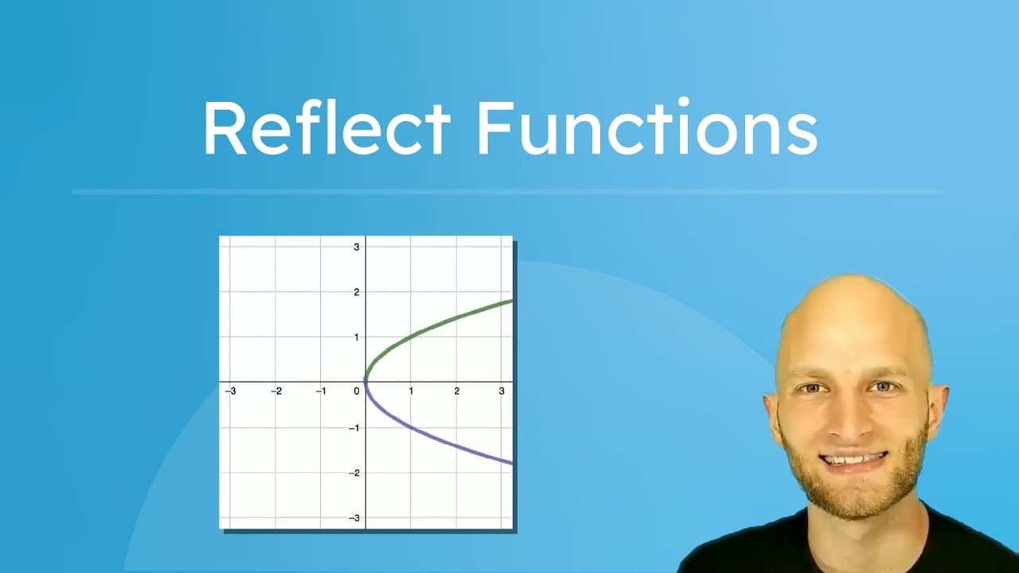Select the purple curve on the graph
pos(446,442)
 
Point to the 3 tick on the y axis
pos(357,247)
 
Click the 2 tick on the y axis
pos(357,292)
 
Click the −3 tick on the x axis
pos(230,392)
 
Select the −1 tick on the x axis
pos(320,392)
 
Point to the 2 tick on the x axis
pos(456,392)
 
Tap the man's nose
pos(850,418)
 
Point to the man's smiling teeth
pos(854,459)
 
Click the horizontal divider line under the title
pos(506,192)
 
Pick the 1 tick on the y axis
pos(357,337)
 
